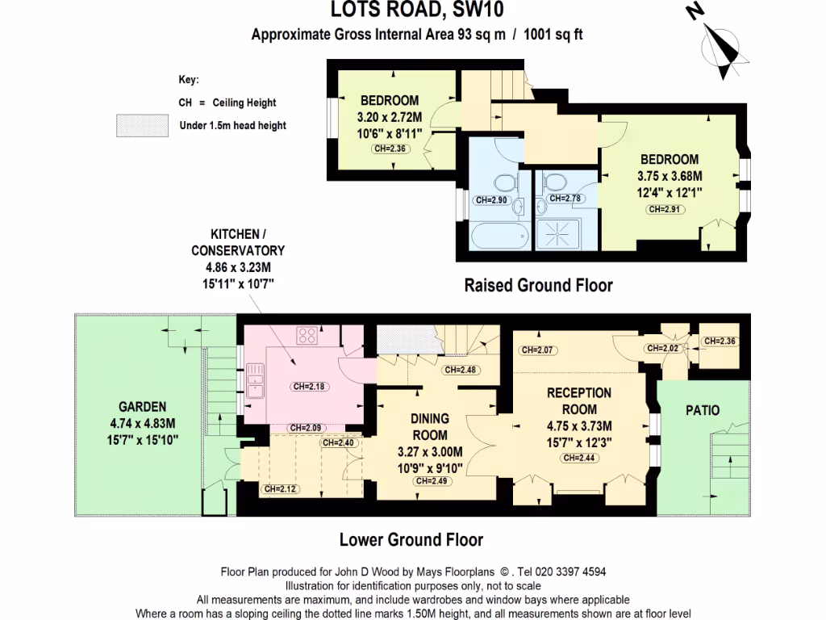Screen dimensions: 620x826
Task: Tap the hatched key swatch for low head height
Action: point(144,125)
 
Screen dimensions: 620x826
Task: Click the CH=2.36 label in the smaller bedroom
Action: point(390,149)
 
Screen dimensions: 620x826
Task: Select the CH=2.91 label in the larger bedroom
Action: point(665,209)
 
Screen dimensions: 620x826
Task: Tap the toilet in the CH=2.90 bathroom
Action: point(506,184)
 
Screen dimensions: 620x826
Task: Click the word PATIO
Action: point(703,410)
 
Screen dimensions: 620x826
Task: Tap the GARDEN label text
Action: point(143,407)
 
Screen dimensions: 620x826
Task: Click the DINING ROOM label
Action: point(430,428)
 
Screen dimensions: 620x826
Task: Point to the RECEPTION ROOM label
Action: point(579,401)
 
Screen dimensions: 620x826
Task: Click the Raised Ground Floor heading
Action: point(538,285)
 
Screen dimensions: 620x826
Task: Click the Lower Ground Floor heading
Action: point(411,539)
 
